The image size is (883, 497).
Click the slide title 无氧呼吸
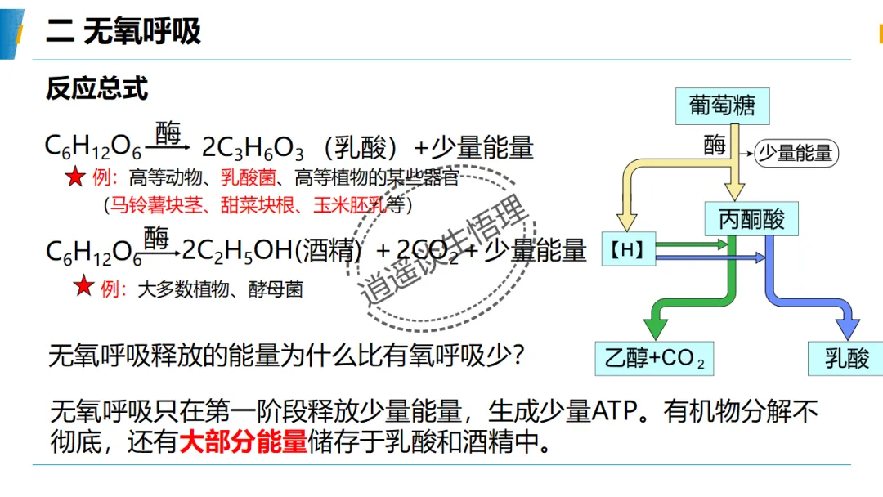click(142, 31)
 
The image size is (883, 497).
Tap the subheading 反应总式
click(96, 88)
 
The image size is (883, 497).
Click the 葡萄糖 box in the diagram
click(723, 105)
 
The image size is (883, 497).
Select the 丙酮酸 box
click(751, 218)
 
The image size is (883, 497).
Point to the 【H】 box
click(629, 248)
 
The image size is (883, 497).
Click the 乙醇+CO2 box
click(654, 358)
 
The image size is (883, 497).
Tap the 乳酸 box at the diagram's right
click(846, 358)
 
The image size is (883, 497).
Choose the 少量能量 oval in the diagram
click(796, 153)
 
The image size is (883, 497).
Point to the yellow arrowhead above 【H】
click(627, 222)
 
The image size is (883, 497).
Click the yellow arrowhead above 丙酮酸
click(734, 192)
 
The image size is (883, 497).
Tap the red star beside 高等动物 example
click(75, 177)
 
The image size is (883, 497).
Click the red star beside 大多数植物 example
click(84, 286)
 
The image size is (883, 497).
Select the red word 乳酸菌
click(249, 178)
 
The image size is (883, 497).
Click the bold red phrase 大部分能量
click(244, 441)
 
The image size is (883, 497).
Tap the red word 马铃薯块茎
click(156, 205)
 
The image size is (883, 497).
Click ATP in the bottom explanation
click(614, 411)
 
